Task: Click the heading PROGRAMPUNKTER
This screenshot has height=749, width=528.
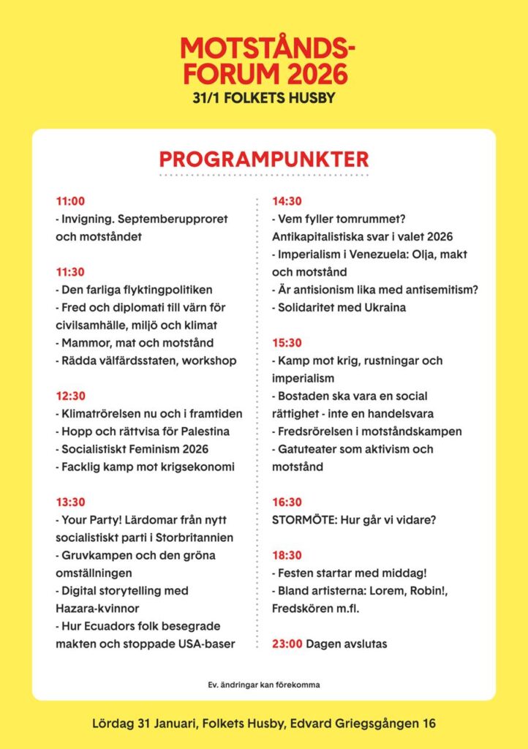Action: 264,159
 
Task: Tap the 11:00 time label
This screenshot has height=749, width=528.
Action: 70,201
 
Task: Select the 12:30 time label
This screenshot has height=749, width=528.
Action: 71,396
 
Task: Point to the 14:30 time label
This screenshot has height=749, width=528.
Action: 287,201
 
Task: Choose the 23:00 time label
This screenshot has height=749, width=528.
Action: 287,644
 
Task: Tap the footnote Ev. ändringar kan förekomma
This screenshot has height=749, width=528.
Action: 264,685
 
